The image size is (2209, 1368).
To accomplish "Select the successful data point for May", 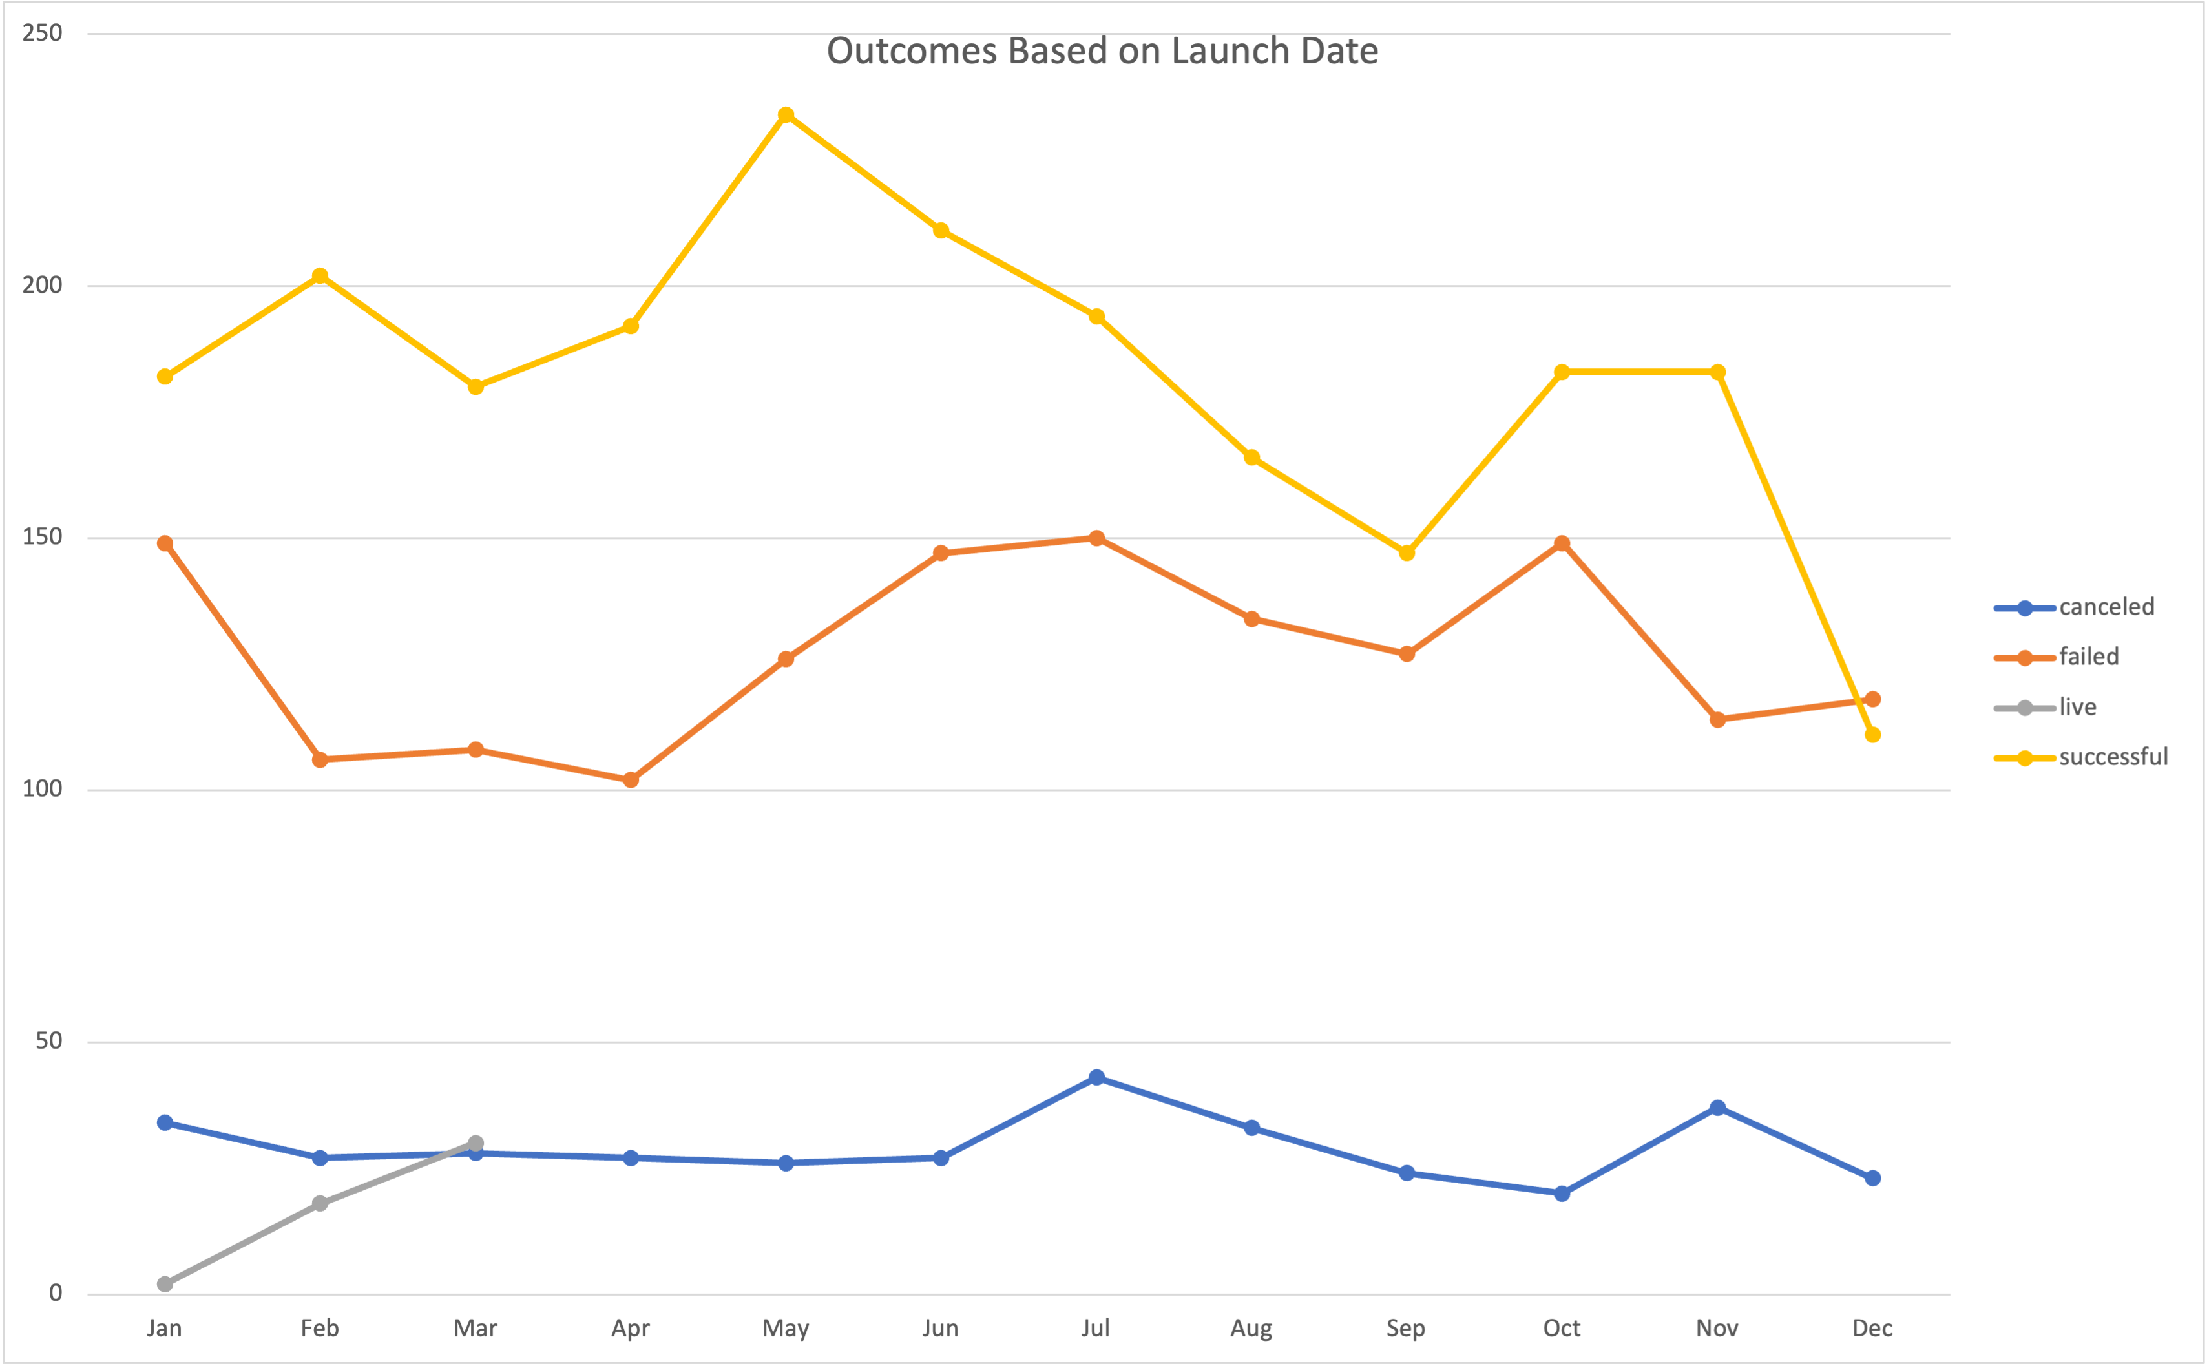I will (x=786, y=115).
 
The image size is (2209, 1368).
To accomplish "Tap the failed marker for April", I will (x=631, y=780).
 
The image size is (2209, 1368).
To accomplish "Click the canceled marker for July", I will (x=1096, y=1078).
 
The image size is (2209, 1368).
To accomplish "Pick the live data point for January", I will (x=165, y=1284).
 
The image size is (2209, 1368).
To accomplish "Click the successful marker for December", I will (x=1872, y=735).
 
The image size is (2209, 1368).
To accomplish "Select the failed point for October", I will (x=1562, y=543).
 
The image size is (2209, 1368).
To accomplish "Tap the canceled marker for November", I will (x=1717, y=1108).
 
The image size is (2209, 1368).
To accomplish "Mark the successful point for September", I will (x=1407, y=552).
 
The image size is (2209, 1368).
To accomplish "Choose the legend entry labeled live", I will (x=2077, y=708).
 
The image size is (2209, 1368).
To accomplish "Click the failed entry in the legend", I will (x=2088, y=657).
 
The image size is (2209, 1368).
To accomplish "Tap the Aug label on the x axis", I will (x=1251, y=1328).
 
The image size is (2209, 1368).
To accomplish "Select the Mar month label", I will (x=475, y=1328).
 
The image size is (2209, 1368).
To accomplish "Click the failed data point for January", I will (x=165, y=543).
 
